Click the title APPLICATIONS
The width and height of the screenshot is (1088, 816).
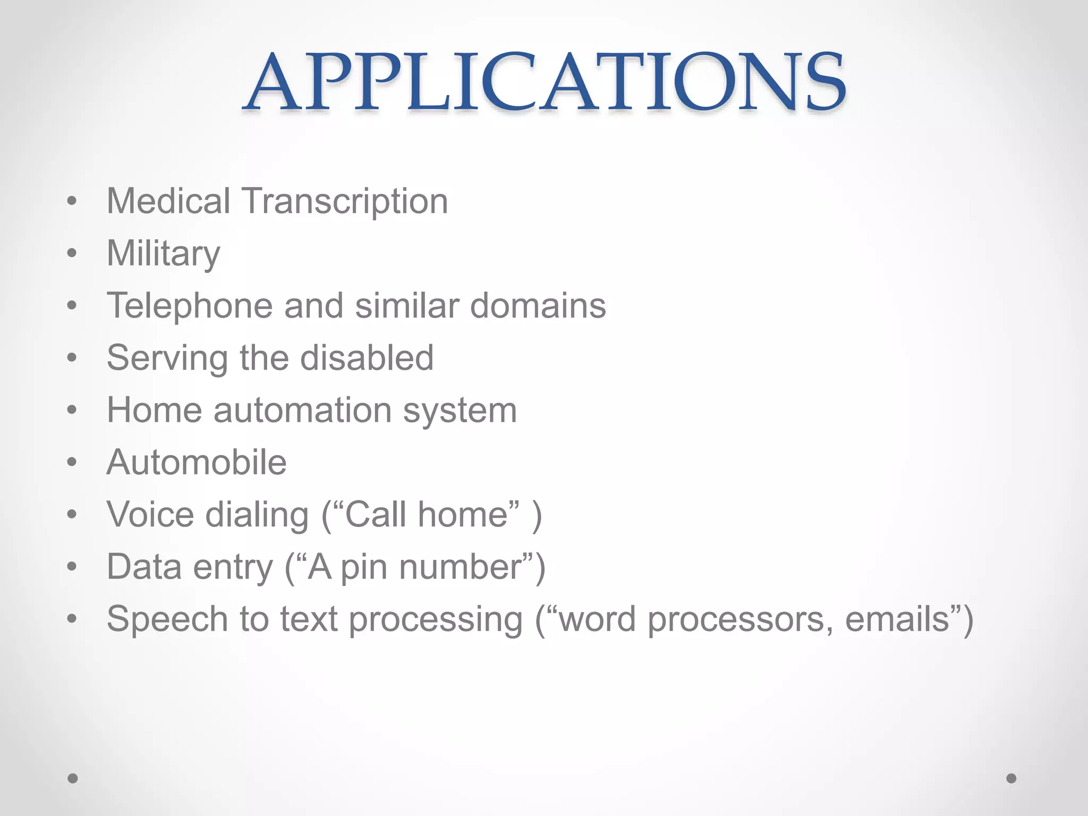coord(544,82)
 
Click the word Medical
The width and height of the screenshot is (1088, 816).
coord(168,201)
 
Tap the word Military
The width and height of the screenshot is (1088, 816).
coord(163,253)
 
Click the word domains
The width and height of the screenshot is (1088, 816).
coord(538,306)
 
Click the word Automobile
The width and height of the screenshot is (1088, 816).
coord(197,462)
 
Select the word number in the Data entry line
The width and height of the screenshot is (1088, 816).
coord(461,567)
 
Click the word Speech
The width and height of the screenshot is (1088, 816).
coord(167,619)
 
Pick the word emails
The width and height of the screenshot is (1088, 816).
coord(897,619)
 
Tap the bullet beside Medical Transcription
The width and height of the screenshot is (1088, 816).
coord(72,201)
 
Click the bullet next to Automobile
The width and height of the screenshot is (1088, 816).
coord(72,462)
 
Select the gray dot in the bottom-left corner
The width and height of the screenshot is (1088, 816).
coord(73,778)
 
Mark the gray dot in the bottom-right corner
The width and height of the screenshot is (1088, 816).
coord(1011,778)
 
